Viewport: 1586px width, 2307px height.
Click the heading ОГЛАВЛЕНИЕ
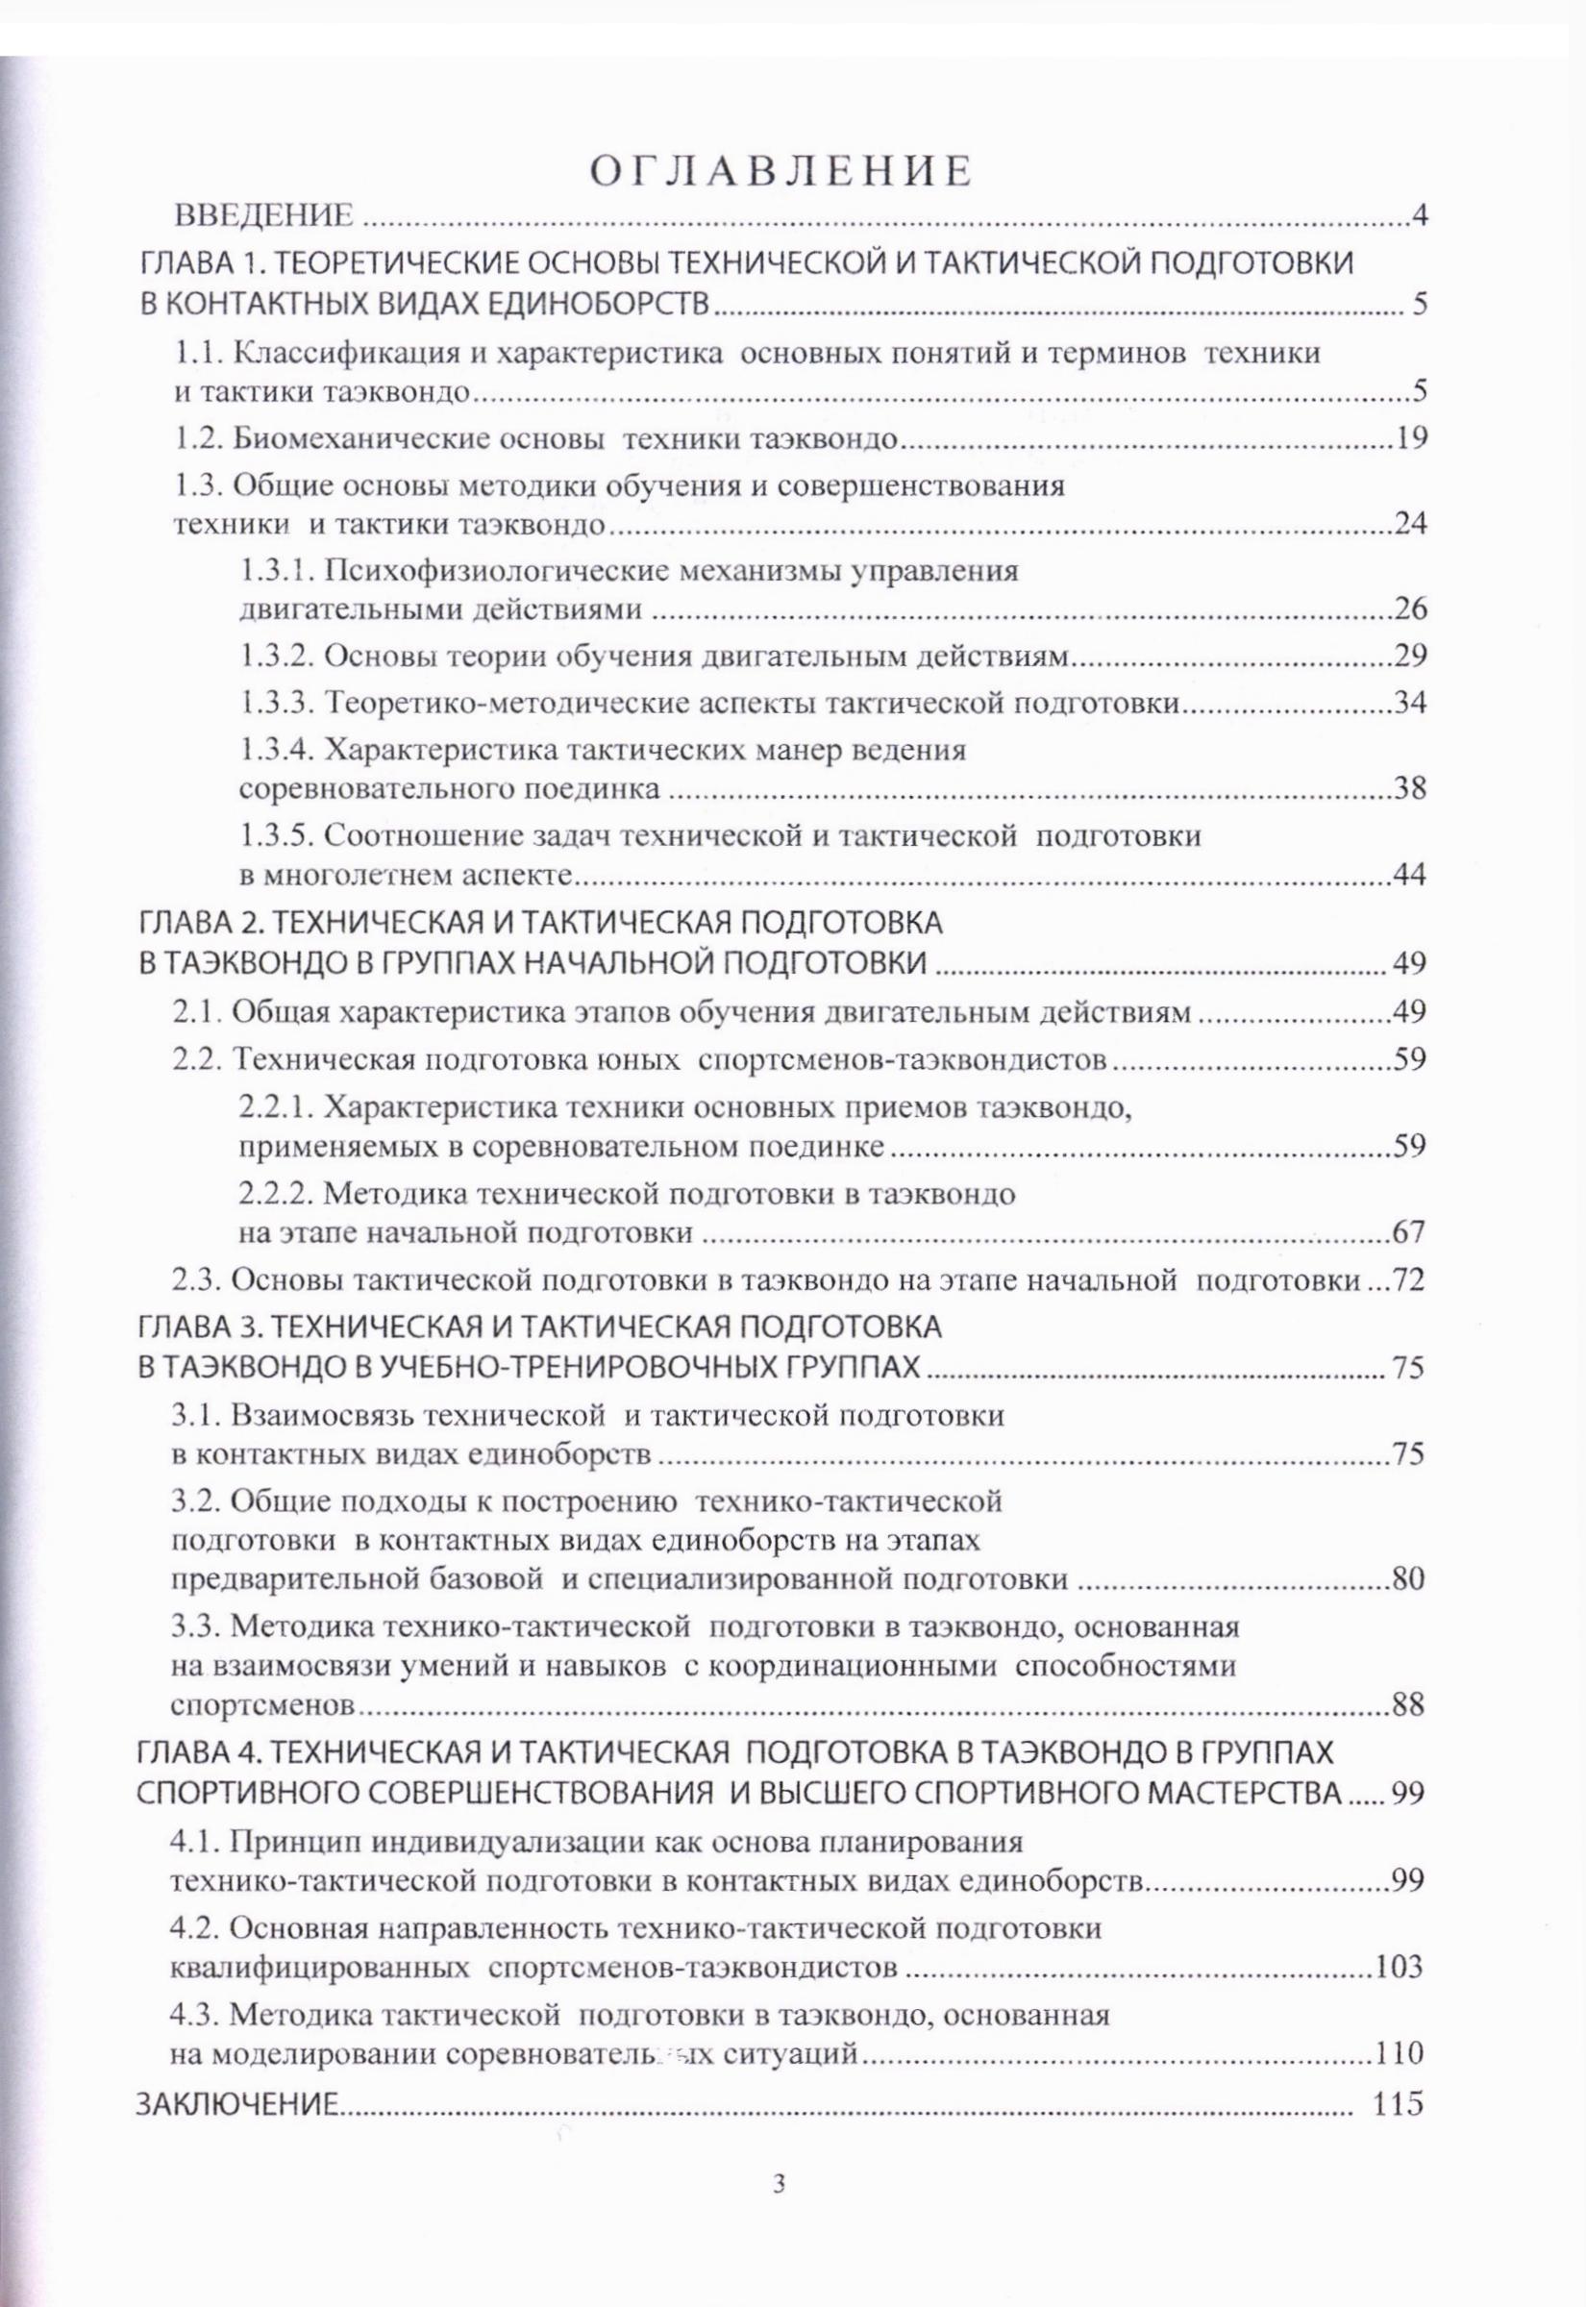click(x=781, y=171)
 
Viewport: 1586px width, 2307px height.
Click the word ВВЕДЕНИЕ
click(x=263, y=216)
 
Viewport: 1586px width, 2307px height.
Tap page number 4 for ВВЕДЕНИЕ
click(x=1419, y=216)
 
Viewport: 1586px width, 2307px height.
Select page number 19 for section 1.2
click(x=1411, y=438)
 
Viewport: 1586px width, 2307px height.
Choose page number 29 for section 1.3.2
click(x=1410, y=656)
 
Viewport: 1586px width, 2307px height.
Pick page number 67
click(x=1409, y=1233)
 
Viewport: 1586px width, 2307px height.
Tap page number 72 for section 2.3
click(x=1409, y=1280)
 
